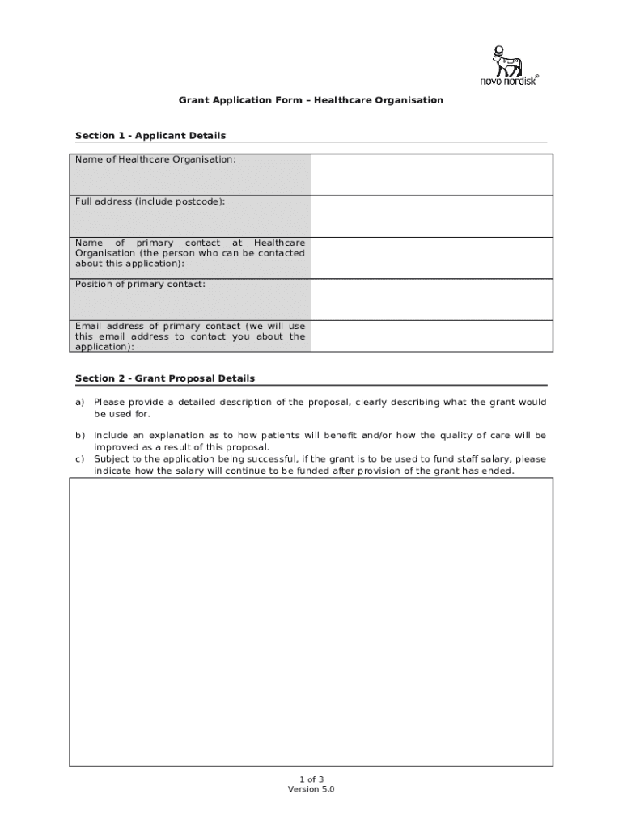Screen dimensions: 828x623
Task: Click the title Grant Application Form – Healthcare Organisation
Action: [x=311, y=100]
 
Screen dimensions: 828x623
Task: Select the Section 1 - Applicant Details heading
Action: [x=150, y=135]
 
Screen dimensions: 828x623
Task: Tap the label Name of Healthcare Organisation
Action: [x=155, y=159]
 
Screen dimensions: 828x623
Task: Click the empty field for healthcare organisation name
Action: [x=432, y=175]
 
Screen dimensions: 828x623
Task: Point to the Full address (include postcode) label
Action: [x=150, y=201]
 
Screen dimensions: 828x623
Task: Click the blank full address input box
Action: [x=432, y=216]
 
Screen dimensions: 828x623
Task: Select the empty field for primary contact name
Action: [x=432, y=257]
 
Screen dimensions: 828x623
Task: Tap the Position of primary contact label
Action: [x=140, y=284]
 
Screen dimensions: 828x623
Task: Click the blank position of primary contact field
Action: [x=432, y=299]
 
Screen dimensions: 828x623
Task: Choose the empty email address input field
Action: [x=432, y=336]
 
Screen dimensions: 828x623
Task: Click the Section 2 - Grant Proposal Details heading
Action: [x=165, y=378]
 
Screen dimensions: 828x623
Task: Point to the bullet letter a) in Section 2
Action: [x=80, y=402]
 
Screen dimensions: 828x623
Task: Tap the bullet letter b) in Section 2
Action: [x=80, y=435]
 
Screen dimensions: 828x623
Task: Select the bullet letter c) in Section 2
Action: [x=80, y=459]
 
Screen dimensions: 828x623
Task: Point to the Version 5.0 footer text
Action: [x=311, y=789]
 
